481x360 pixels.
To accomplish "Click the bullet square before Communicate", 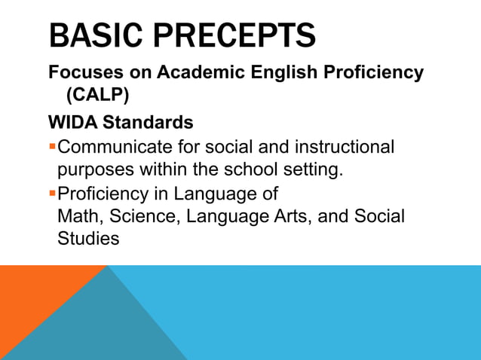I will [52, 146].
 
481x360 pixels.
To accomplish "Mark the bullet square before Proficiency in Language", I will [52, 194].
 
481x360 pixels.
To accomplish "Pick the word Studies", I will [88, 240].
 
